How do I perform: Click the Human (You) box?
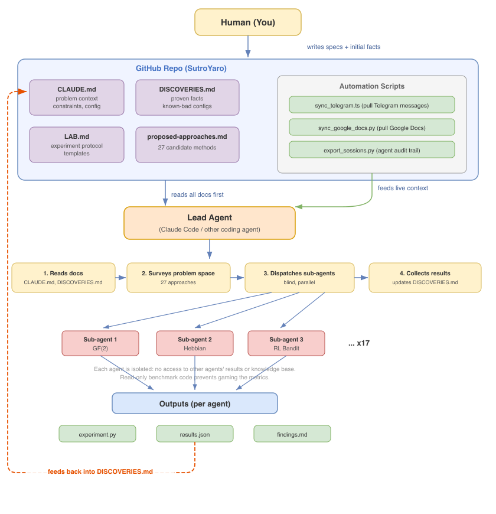[248, 22]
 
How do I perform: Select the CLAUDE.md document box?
[77, 97]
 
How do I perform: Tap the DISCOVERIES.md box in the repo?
[187, 97]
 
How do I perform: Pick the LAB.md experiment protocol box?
[77, 145]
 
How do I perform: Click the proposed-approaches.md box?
[187, 145]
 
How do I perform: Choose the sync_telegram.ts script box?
[372, 105]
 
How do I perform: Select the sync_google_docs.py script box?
[372, 128]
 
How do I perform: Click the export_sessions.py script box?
[372, 150]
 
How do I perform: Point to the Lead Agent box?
[209, 223]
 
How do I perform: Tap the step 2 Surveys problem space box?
[178, 278]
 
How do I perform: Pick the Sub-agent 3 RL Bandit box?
[286, 343]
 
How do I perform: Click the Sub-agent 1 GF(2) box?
[100, 343]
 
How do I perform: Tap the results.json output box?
[195, 434]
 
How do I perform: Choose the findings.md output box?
[292, 434]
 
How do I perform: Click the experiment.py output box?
[97, 434]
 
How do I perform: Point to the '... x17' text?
[359, 343]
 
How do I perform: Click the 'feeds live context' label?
[403, 188]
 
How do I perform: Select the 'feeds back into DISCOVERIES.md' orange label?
[100, 471]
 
